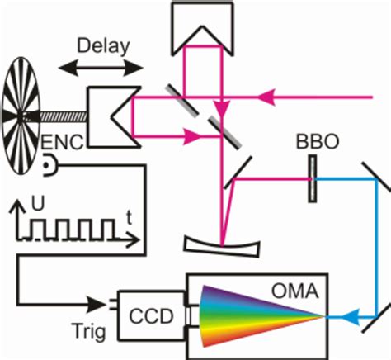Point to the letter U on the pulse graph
[35, 201]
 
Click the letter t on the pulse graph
[130, 217]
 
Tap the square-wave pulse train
[74, 230]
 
